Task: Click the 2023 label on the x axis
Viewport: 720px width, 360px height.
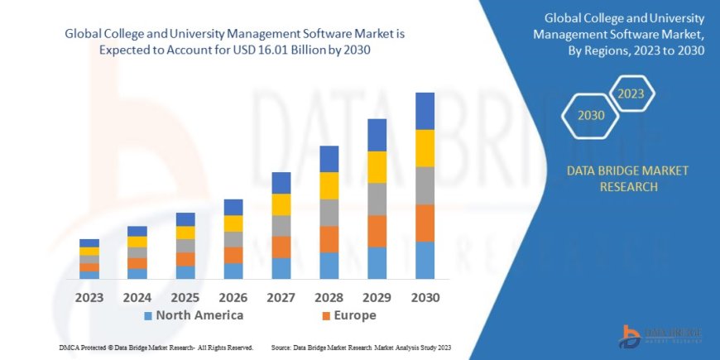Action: point(89,297)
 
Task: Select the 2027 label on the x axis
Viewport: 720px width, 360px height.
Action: point(281,297)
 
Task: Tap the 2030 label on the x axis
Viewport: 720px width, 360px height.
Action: point(425,297)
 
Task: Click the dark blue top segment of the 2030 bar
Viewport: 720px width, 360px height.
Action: point(425,111)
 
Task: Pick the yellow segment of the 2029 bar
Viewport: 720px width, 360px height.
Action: point(377,167)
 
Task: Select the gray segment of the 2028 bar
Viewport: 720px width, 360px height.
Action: point(329,213)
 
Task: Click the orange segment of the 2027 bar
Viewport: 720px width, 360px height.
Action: point(281,247)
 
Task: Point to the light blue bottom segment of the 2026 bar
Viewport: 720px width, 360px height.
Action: point(233,271)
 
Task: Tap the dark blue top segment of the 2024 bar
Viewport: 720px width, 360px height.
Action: point(137,231)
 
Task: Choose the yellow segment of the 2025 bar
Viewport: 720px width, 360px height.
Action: point(185,233)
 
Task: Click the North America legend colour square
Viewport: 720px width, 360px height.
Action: point(148,316)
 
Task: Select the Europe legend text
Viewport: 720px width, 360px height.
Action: point(356,315)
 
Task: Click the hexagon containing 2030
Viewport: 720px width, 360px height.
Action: point(591,116)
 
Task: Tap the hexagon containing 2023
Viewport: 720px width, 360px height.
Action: point(631,94)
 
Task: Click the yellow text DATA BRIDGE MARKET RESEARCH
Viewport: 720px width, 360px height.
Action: point(626,178)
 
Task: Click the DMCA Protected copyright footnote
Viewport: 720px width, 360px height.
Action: point(156,347)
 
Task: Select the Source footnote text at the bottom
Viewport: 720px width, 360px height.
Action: point(360,347)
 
